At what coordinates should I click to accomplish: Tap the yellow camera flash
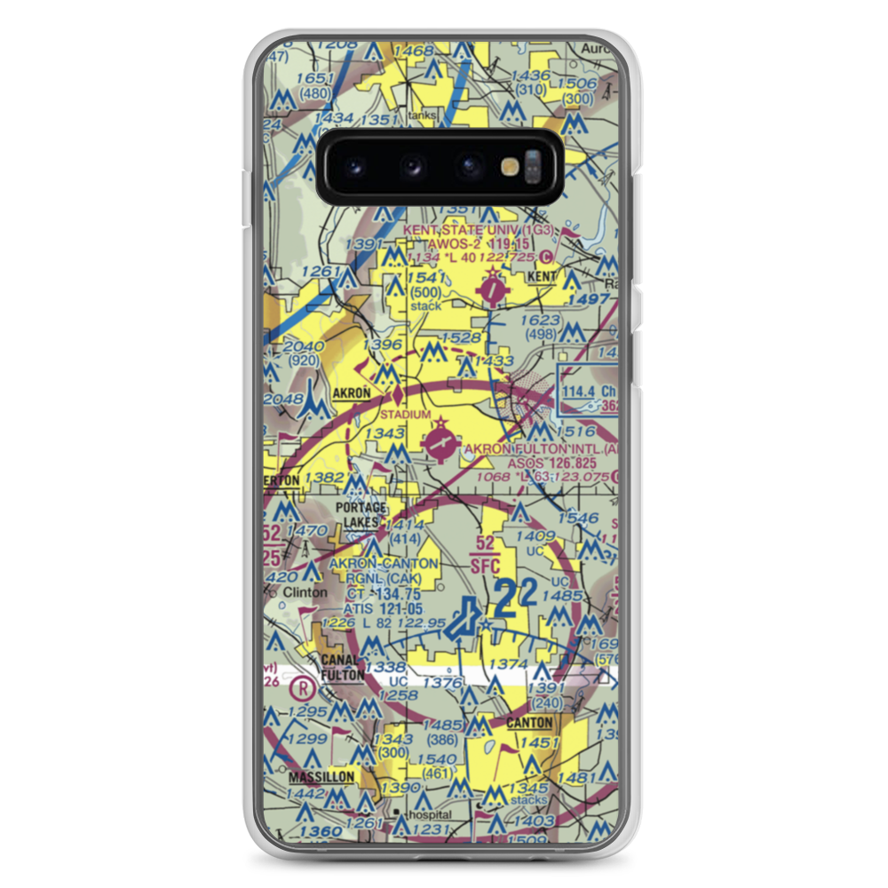(x=510, y=165)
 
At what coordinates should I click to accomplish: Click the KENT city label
(x=541, y=277)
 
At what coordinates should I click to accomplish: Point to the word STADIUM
(x=405, y=415)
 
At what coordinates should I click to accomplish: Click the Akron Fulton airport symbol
(x=439, y=442)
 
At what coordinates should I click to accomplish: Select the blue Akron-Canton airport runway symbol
(x=464, y=622)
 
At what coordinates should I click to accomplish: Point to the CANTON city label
(x=529, y=724)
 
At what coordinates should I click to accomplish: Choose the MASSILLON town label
(x=321, y=777)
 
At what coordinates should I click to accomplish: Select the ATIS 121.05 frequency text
(x=382, y=610)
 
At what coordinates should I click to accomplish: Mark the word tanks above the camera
(x=423, y=115)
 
